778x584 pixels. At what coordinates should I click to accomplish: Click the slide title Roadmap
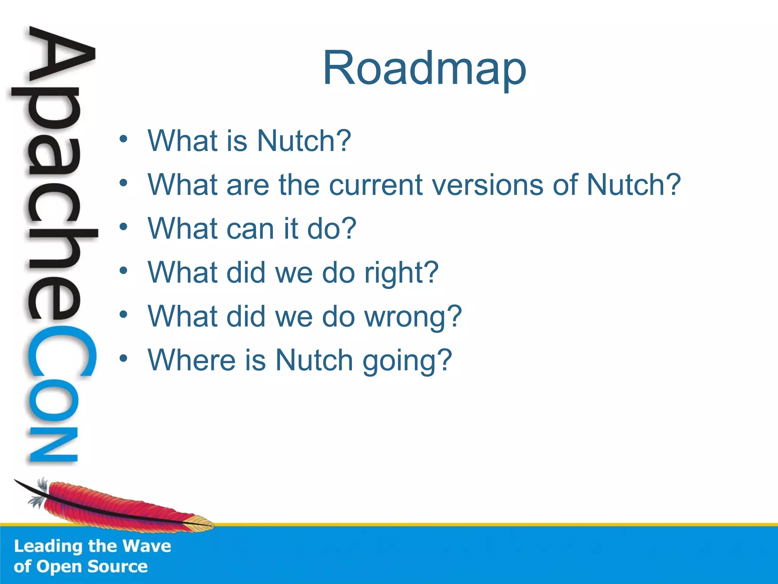point(424,69)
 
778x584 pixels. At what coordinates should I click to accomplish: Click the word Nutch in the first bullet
point(304,141)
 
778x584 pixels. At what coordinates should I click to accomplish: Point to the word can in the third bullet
point(250,229)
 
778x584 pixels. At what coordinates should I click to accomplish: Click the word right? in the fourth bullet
point(401,273)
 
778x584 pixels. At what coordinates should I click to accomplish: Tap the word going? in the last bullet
point(407,361)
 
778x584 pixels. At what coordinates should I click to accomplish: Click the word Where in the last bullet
point(191,360)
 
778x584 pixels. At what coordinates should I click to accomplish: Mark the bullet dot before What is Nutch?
point(123,139)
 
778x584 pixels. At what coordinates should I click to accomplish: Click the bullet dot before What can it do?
point(123,227)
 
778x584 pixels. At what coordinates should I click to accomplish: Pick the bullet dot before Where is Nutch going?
point(123,358)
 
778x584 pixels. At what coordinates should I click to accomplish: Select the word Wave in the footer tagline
point(147,546)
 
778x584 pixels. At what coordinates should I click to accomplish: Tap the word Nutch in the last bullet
point(314,360)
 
